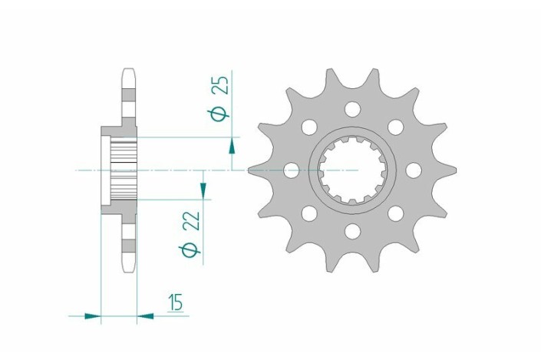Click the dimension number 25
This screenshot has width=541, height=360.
(x=220, y=83)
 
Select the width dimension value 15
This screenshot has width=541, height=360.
(x=176, y=303)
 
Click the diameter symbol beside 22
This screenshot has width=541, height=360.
(x=193, y=250)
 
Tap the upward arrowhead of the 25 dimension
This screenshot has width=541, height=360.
(x=231, y=146)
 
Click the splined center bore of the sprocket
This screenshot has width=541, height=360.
(x=352, y=170)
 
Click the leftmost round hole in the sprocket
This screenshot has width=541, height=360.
(x=291, y=170)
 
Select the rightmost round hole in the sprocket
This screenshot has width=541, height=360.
(x=414, y=170)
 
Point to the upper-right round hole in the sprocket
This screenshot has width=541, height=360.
(x=396, y=126)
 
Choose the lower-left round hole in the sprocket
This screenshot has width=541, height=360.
(x=308, y=213)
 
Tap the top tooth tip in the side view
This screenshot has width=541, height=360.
(x=129, y=75)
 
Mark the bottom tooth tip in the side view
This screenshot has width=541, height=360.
(x=129, y=265)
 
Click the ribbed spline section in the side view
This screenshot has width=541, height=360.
(x=124, y=169)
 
